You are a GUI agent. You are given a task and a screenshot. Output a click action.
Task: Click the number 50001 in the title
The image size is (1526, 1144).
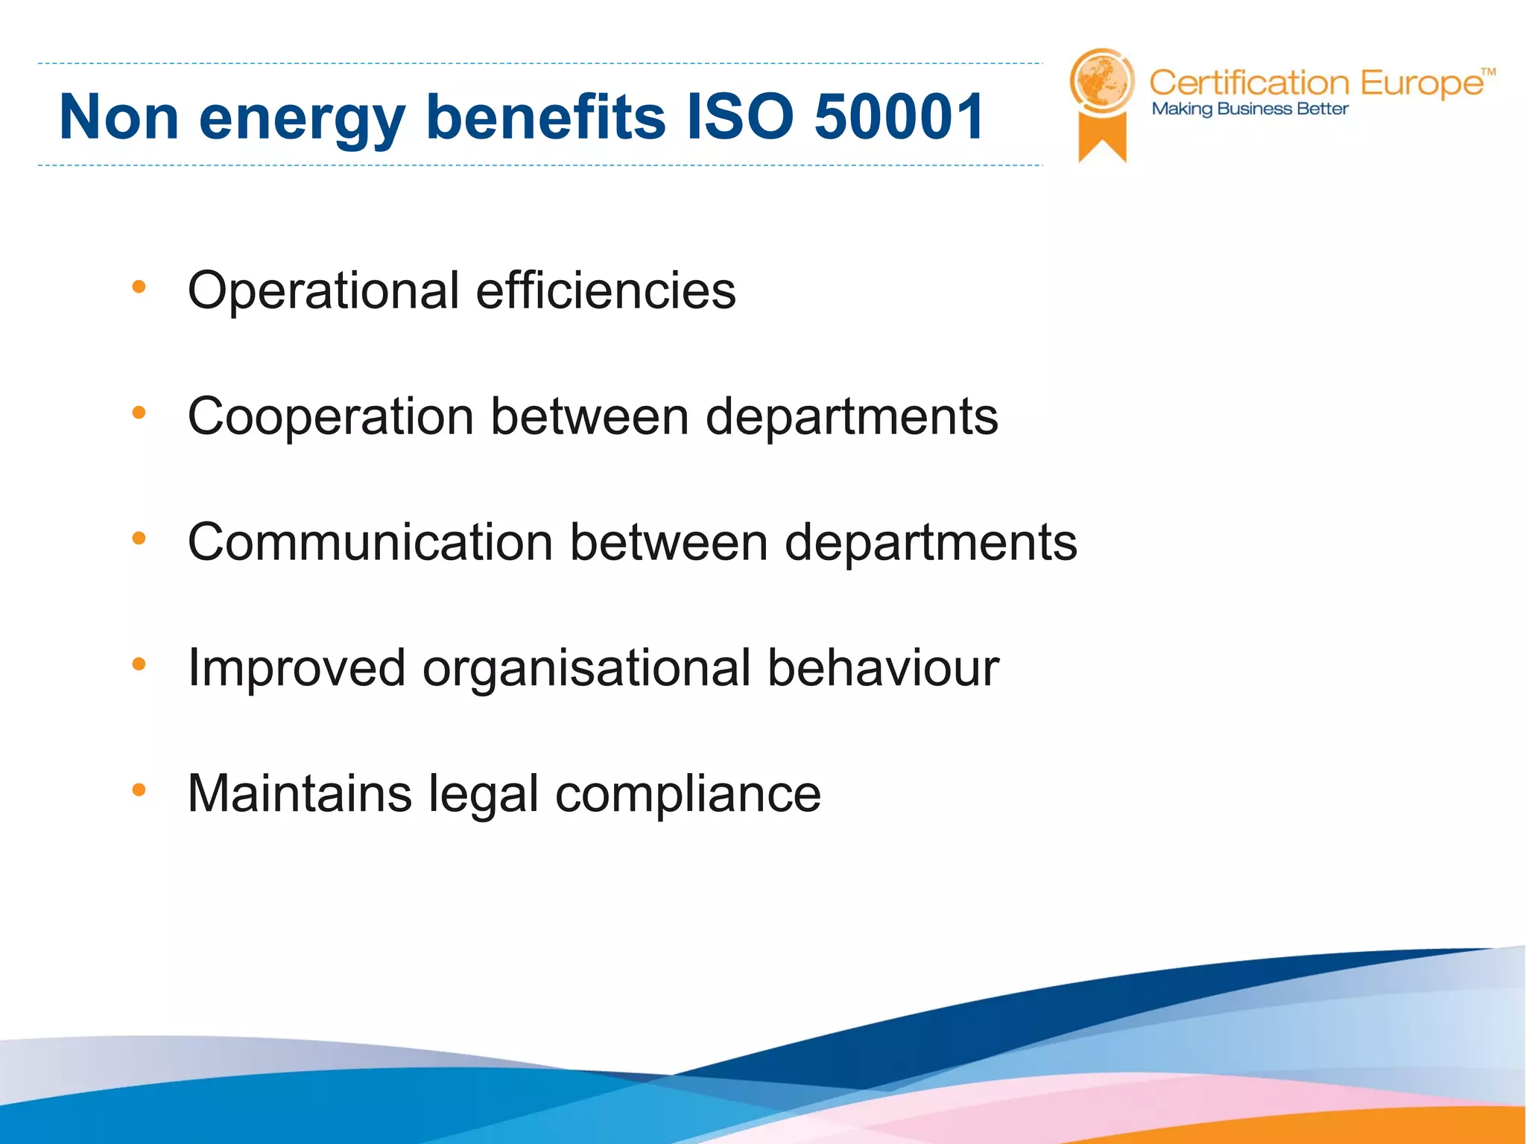pos(899,117)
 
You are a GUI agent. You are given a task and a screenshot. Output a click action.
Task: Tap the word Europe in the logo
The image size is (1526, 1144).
pos(1422,84)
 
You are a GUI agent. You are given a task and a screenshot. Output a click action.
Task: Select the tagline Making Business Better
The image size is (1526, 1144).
pos(1250,109)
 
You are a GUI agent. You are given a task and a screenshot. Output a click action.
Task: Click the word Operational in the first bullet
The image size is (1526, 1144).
pos(323,291)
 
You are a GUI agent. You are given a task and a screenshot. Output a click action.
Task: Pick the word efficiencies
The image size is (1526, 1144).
pos(606,290)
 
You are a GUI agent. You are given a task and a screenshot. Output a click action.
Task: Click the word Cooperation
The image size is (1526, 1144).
pos(331,417)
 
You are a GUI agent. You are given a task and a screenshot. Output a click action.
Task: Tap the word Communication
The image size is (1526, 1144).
pos(370,542)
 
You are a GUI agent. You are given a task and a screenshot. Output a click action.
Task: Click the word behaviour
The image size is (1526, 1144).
pos(883,668)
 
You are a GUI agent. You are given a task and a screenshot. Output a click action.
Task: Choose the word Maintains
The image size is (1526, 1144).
pos(300,793)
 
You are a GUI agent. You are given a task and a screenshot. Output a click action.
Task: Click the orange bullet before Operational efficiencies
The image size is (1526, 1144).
pos(139,287)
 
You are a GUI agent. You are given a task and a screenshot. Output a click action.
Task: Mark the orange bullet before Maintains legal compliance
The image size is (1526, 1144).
pos(139,789)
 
